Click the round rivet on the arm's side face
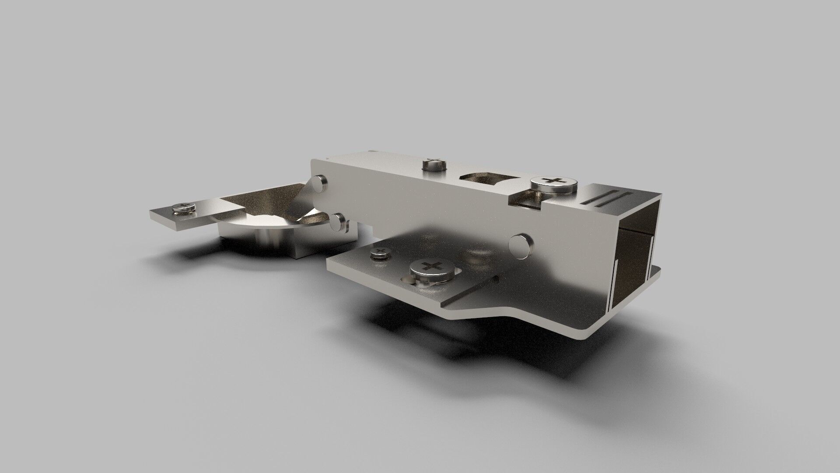[x=522, y=244]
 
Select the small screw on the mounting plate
[x=379, y=254]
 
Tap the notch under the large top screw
[x=527, y=201]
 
